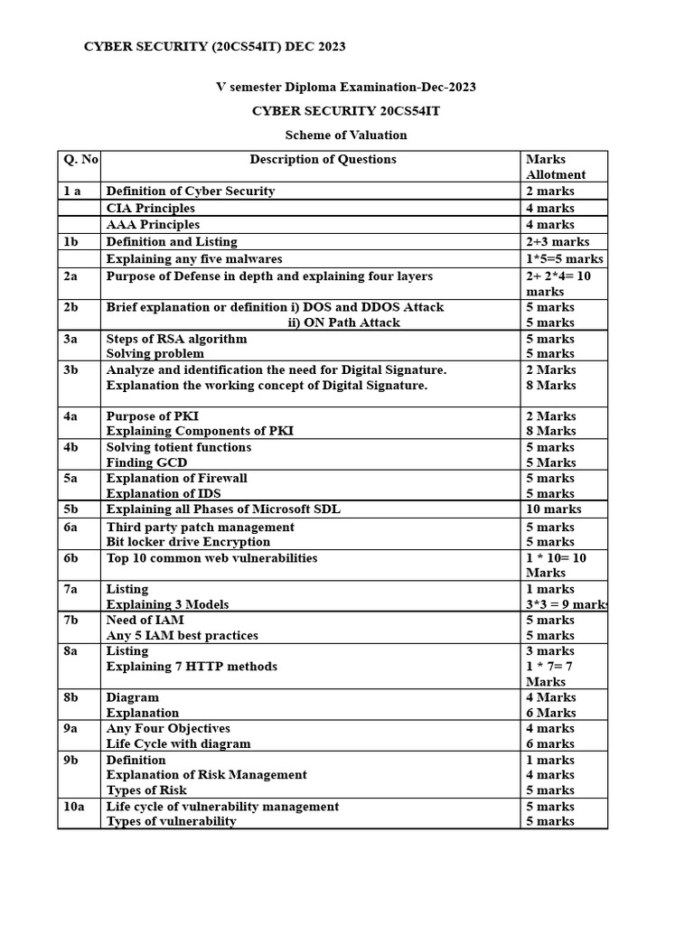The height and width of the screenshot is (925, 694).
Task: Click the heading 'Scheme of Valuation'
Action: pos(346,135)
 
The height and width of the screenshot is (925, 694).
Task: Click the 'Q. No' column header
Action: pos(80,160)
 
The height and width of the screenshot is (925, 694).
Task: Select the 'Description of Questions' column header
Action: pos(323,160)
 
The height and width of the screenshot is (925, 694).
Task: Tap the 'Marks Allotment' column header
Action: pos(556,167)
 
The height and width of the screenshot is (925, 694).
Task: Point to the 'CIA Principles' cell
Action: pos(150,209)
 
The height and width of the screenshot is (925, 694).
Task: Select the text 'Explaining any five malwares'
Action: pos(194,258)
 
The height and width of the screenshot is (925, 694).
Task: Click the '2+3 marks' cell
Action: pos(557,242)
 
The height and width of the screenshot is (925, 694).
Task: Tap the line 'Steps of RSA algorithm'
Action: pos(176,339)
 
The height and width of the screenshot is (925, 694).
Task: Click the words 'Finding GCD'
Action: pos(147,462)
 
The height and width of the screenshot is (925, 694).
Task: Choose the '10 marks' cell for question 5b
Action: pos(554,509)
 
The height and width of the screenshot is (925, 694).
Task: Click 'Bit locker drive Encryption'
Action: pos(188,542)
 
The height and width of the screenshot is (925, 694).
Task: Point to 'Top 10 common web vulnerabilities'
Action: pos(211,558)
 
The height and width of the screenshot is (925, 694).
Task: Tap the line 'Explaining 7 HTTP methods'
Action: pos(192,667)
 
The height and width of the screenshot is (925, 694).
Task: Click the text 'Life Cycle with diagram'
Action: pos(178,744)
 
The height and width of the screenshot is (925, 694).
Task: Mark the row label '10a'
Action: pos(73,807)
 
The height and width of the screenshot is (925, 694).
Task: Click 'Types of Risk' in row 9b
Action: pos(146,790)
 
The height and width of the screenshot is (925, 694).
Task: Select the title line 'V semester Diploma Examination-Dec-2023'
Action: pos(346,88)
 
